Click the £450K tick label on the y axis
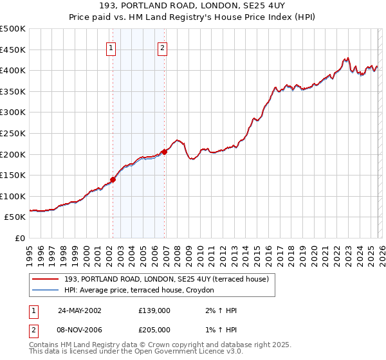(x=14, y=50)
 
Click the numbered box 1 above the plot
(x=112, y=47)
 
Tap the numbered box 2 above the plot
(x=163, y=47)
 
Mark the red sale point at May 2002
(x=113, y=180)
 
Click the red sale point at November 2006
(x=164, y=152)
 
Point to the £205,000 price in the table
(x=154, y=329)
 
